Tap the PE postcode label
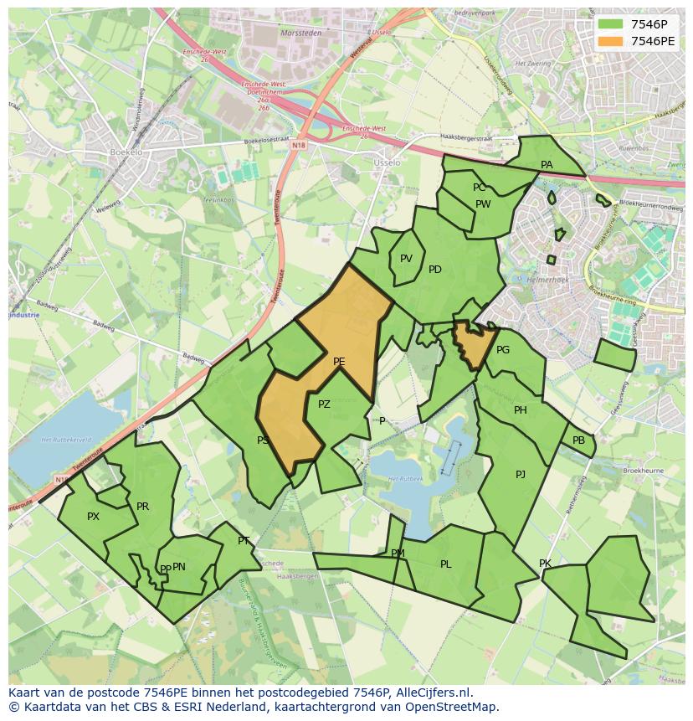coord(339,362)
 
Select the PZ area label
coord(324,404)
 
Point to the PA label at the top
coord(547,165)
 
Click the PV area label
coord(406,259)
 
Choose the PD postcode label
coord(434,270)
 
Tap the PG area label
coord(503,350)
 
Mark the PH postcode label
coord(521,410)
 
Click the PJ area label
coord(521,475)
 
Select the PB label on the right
coord(578,440)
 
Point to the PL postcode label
coord(445,564)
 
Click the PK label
coord(545,564)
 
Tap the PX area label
coord(93,517)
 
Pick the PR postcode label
coord(142,507)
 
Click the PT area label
coord(244,541)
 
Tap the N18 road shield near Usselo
coord(299,145)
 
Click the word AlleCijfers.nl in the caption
coord(434,693)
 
